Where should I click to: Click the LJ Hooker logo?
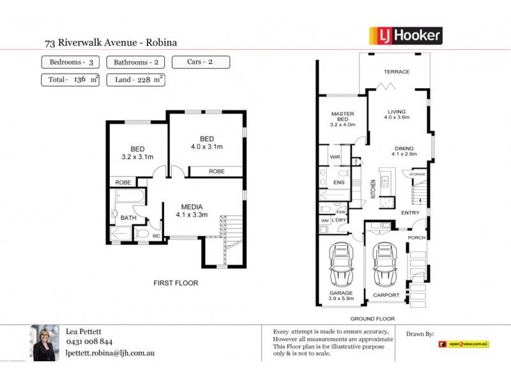(406, 35)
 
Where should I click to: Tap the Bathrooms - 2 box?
(136, 63)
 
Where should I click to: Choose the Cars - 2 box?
(201, 63)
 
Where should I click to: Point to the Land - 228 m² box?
(136, 80)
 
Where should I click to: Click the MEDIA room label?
(192, 207)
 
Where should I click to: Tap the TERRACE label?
(396, 71)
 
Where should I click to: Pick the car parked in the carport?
(385, 265)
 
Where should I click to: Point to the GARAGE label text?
(341, 293)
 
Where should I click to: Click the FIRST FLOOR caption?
(176, 283)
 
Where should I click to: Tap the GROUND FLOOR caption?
(372, 319)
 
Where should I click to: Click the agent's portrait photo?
(45, 343)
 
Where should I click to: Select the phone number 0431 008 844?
(89, 342)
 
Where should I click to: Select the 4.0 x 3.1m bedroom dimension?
(206, 147)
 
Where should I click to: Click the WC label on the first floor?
(155, 236)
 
